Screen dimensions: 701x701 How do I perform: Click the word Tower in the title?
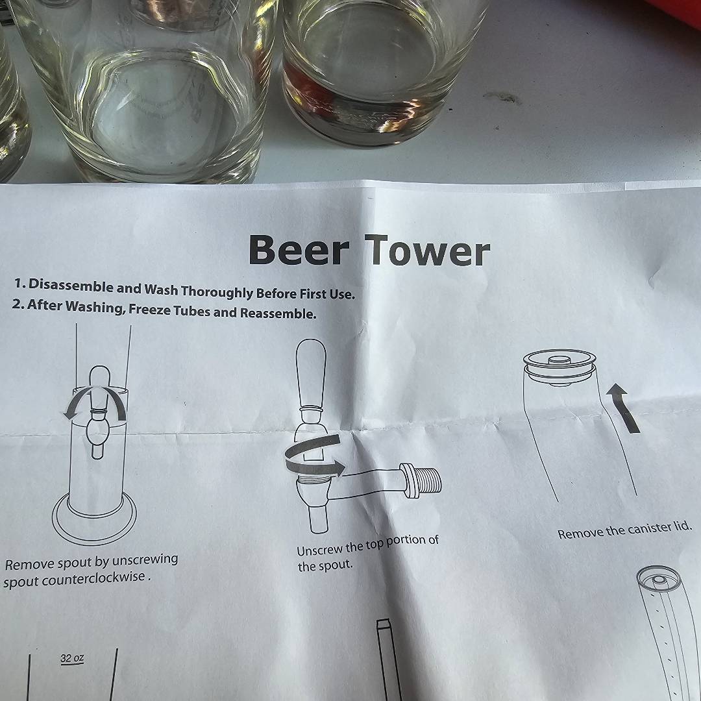click(x=427, y=251)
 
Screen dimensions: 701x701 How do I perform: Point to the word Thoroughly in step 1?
click(x=217, y=292)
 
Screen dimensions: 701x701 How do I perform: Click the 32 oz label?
click(x=72, y=659)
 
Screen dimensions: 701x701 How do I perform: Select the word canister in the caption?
click(x=648, y=530)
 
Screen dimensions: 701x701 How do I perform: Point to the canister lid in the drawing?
click(x=560, y=367)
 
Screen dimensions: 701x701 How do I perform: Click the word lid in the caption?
click(x=682, y=526)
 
